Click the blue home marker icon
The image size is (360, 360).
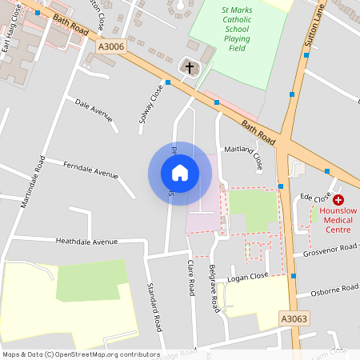click(180, 173)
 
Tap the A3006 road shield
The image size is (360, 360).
click(111, 47)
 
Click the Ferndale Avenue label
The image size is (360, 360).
click(90, 170)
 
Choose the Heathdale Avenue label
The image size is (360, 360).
click(86, 241)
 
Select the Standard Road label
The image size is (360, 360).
click(154, 306)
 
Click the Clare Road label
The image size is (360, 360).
click(191, 278)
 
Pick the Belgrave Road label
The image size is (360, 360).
click(213, 288)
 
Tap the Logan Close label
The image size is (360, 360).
click(248, 276)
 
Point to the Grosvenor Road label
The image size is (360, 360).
click(330, 250)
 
